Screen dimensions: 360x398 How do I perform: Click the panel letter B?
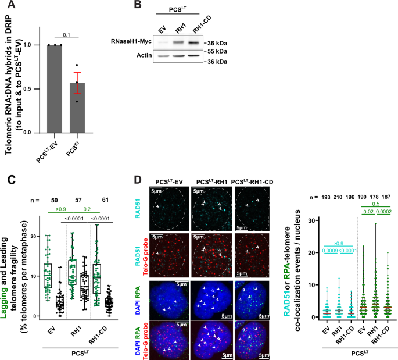138,6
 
